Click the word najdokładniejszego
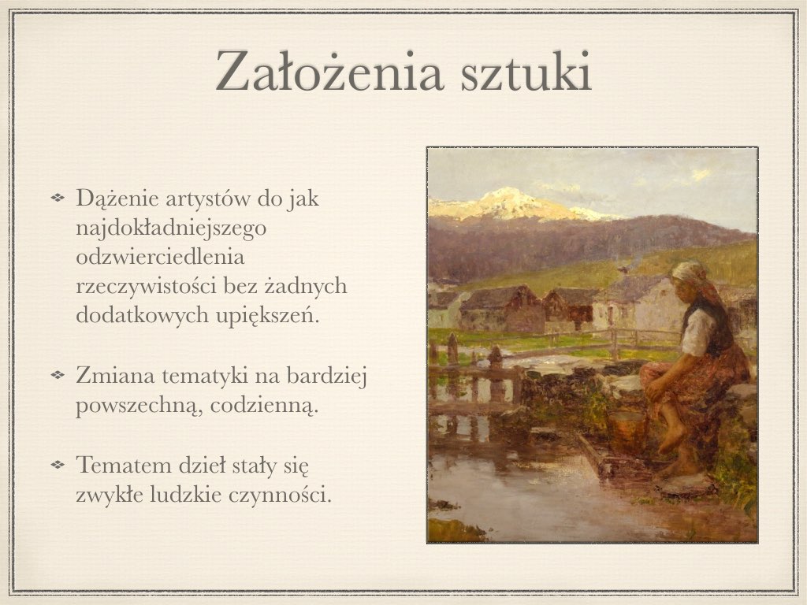click(172, 229)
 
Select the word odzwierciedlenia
click(161, 258)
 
